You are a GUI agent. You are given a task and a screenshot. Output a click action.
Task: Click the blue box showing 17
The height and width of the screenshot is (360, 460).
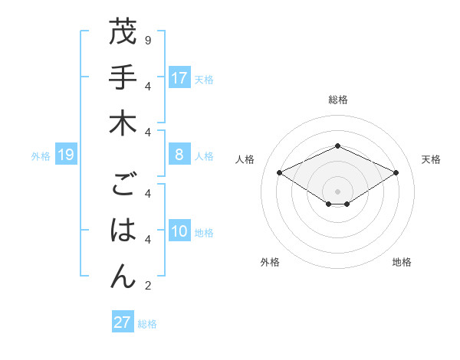pyautogui.click(x=179, y=78)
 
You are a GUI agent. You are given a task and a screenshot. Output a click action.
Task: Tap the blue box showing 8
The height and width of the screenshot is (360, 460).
pyautogui.click(x=179, y=155)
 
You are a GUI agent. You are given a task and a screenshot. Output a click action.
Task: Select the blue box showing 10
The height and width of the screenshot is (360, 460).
pyautogui.click(x=179, y=232)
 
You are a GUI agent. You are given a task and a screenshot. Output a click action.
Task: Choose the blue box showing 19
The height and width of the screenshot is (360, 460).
pyautogui.click(x=66, y=155)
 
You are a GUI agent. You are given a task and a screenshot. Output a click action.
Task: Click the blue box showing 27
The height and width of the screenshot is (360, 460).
pyautogui.click(x=122, y=322)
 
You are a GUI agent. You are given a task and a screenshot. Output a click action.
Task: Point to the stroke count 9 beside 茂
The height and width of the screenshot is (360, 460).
pyautogui.click(x=147, y=39)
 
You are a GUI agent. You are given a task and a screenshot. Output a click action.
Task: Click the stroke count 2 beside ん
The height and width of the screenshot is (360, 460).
pyautogui.click(x=147, y=286)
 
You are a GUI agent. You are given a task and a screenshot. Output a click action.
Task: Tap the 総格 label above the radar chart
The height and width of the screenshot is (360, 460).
pyautogui.click(x=337, y=100)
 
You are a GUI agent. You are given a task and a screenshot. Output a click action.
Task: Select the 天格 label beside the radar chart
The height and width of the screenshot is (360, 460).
pyautogui.click(x=432, y=159)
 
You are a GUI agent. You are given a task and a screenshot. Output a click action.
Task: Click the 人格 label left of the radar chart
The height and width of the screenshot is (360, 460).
pyautogui.click(x=245, y=159)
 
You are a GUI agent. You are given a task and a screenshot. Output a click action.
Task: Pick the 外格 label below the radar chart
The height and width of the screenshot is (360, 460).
pyautogui.click(x=270, y=262)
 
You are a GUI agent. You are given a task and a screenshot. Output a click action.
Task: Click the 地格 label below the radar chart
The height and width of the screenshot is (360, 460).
pyautogui.click(x=402, y=262)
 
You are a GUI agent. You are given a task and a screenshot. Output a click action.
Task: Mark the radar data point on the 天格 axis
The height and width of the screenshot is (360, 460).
pyautogui.click(x=396, y=172)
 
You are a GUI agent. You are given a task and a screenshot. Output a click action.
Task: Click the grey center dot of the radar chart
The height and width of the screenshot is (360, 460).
pyautogui.click(x=337, y=191)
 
